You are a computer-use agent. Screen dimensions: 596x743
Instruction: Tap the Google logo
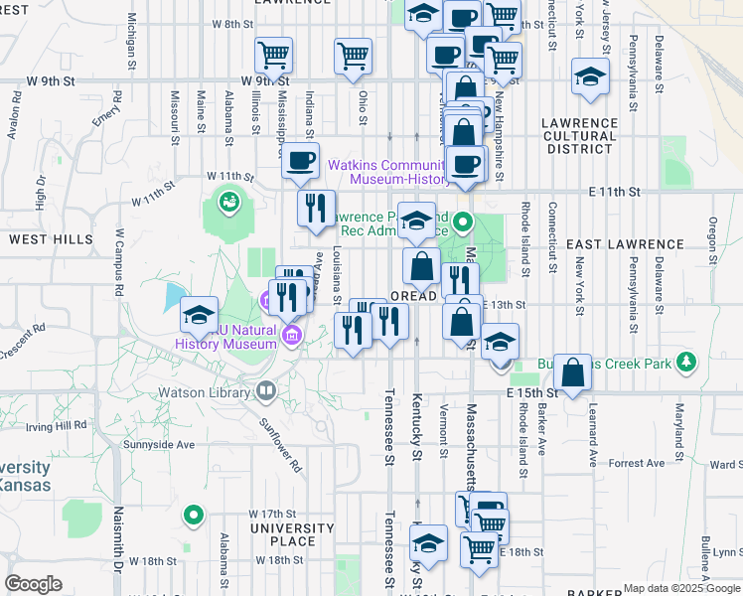click(34, 584)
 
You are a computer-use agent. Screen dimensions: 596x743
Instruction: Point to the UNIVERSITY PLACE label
click(292, 534)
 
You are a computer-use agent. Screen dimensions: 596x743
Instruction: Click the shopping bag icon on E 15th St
click(572, 373)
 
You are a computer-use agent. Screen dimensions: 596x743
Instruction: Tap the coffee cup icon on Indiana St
click(300, 160)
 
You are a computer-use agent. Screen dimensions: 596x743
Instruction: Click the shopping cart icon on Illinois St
click(273, 56)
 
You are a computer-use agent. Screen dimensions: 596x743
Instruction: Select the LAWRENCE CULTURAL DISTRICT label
click(580, 136)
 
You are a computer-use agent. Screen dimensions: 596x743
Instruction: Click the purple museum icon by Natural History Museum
click(291, 334)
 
